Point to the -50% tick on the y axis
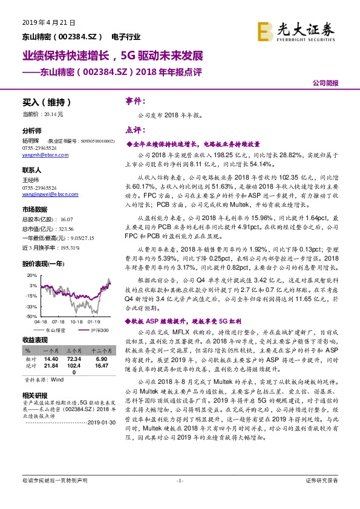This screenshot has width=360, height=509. [31, 316]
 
